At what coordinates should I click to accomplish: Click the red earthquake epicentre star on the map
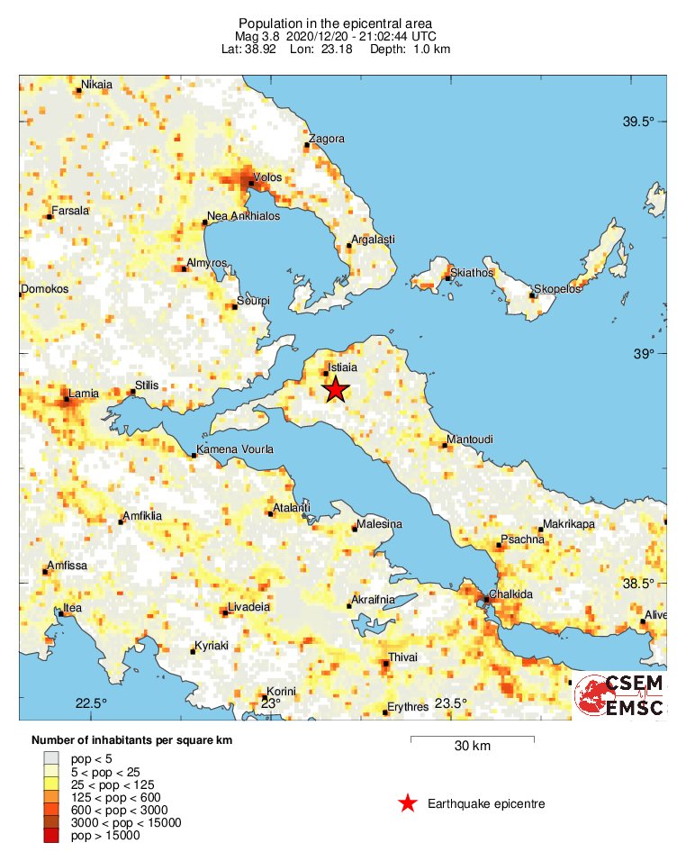coord(335,389)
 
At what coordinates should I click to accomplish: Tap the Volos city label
coord(268,177)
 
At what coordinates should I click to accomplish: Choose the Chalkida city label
coord(510,594)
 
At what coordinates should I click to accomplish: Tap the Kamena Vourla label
coord(237,449)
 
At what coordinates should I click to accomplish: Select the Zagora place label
coord(327,139)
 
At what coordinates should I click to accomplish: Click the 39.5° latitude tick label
coord(640,122)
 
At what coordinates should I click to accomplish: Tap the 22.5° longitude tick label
coord(91,703)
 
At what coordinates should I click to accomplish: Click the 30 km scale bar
coord(472,739)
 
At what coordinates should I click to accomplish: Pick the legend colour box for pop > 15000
coord(52,836)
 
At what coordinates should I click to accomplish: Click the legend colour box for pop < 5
coord(52,758)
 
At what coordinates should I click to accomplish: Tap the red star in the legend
coord(408,803)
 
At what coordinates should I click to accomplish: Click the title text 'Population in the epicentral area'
coord(335,23)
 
